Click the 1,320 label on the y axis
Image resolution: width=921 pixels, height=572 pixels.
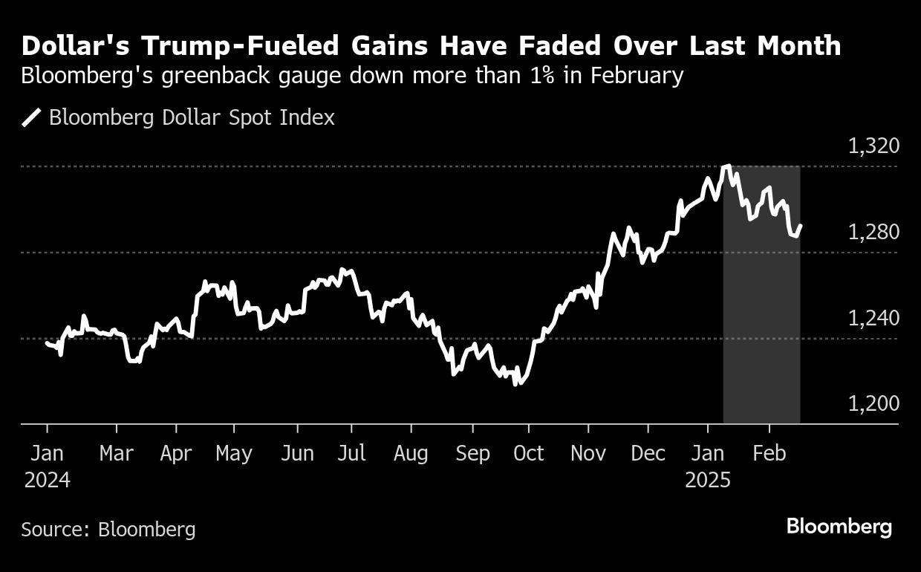coord(873,146)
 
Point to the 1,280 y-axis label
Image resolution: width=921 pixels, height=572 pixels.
coord(873,232)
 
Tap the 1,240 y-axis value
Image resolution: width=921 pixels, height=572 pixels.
coord(873,318)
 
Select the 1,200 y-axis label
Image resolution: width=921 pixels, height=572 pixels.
coord(873,403)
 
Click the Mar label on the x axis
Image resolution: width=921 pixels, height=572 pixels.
coord(117,453)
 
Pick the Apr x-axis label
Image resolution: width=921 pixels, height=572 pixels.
coord(176,453)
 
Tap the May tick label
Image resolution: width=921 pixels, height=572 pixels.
coord(234,453)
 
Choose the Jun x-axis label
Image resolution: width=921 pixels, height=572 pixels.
coord(297,453)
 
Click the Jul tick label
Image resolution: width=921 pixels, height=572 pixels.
coord(351,453)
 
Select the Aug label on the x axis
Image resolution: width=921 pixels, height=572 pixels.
coord(410,453)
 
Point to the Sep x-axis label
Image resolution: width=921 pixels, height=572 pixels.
coord(472,453)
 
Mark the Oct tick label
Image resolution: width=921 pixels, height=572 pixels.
coord(528,453)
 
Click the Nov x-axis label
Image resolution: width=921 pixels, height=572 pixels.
coord(588,453)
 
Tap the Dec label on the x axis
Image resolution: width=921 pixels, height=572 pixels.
coord(648,453)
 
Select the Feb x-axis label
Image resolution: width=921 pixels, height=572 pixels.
coord(769,453)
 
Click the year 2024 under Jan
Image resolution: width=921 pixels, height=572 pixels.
coord(47,480)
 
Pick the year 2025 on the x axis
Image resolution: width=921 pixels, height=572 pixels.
coord(708,480)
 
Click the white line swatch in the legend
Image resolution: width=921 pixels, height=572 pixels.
coord(32,117)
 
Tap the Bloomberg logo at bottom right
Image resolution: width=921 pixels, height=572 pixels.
coord(839,527)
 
